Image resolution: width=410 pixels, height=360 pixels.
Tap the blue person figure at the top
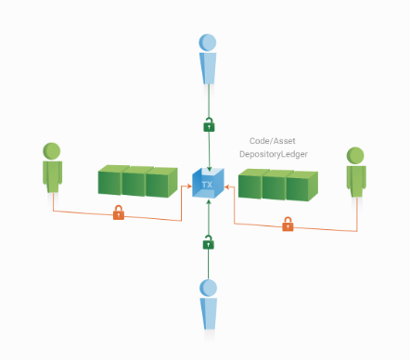click(208, 61)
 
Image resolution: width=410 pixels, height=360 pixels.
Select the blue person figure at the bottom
click(208, 307)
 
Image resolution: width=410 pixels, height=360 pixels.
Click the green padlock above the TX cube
click(208, 123)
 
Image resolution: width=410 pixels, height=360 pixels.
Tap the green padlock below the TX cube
click(208, 243)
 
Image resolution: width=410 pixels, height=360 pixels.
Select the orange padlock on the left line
click(119, 213)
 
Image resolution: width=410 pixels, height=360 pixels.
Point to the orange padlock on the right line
click(288, 224)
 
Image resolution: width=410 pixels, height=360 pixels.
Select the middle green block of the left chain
click(137, 182)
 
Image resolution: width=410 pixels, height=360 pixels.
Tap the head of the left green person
click(53, 149)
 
